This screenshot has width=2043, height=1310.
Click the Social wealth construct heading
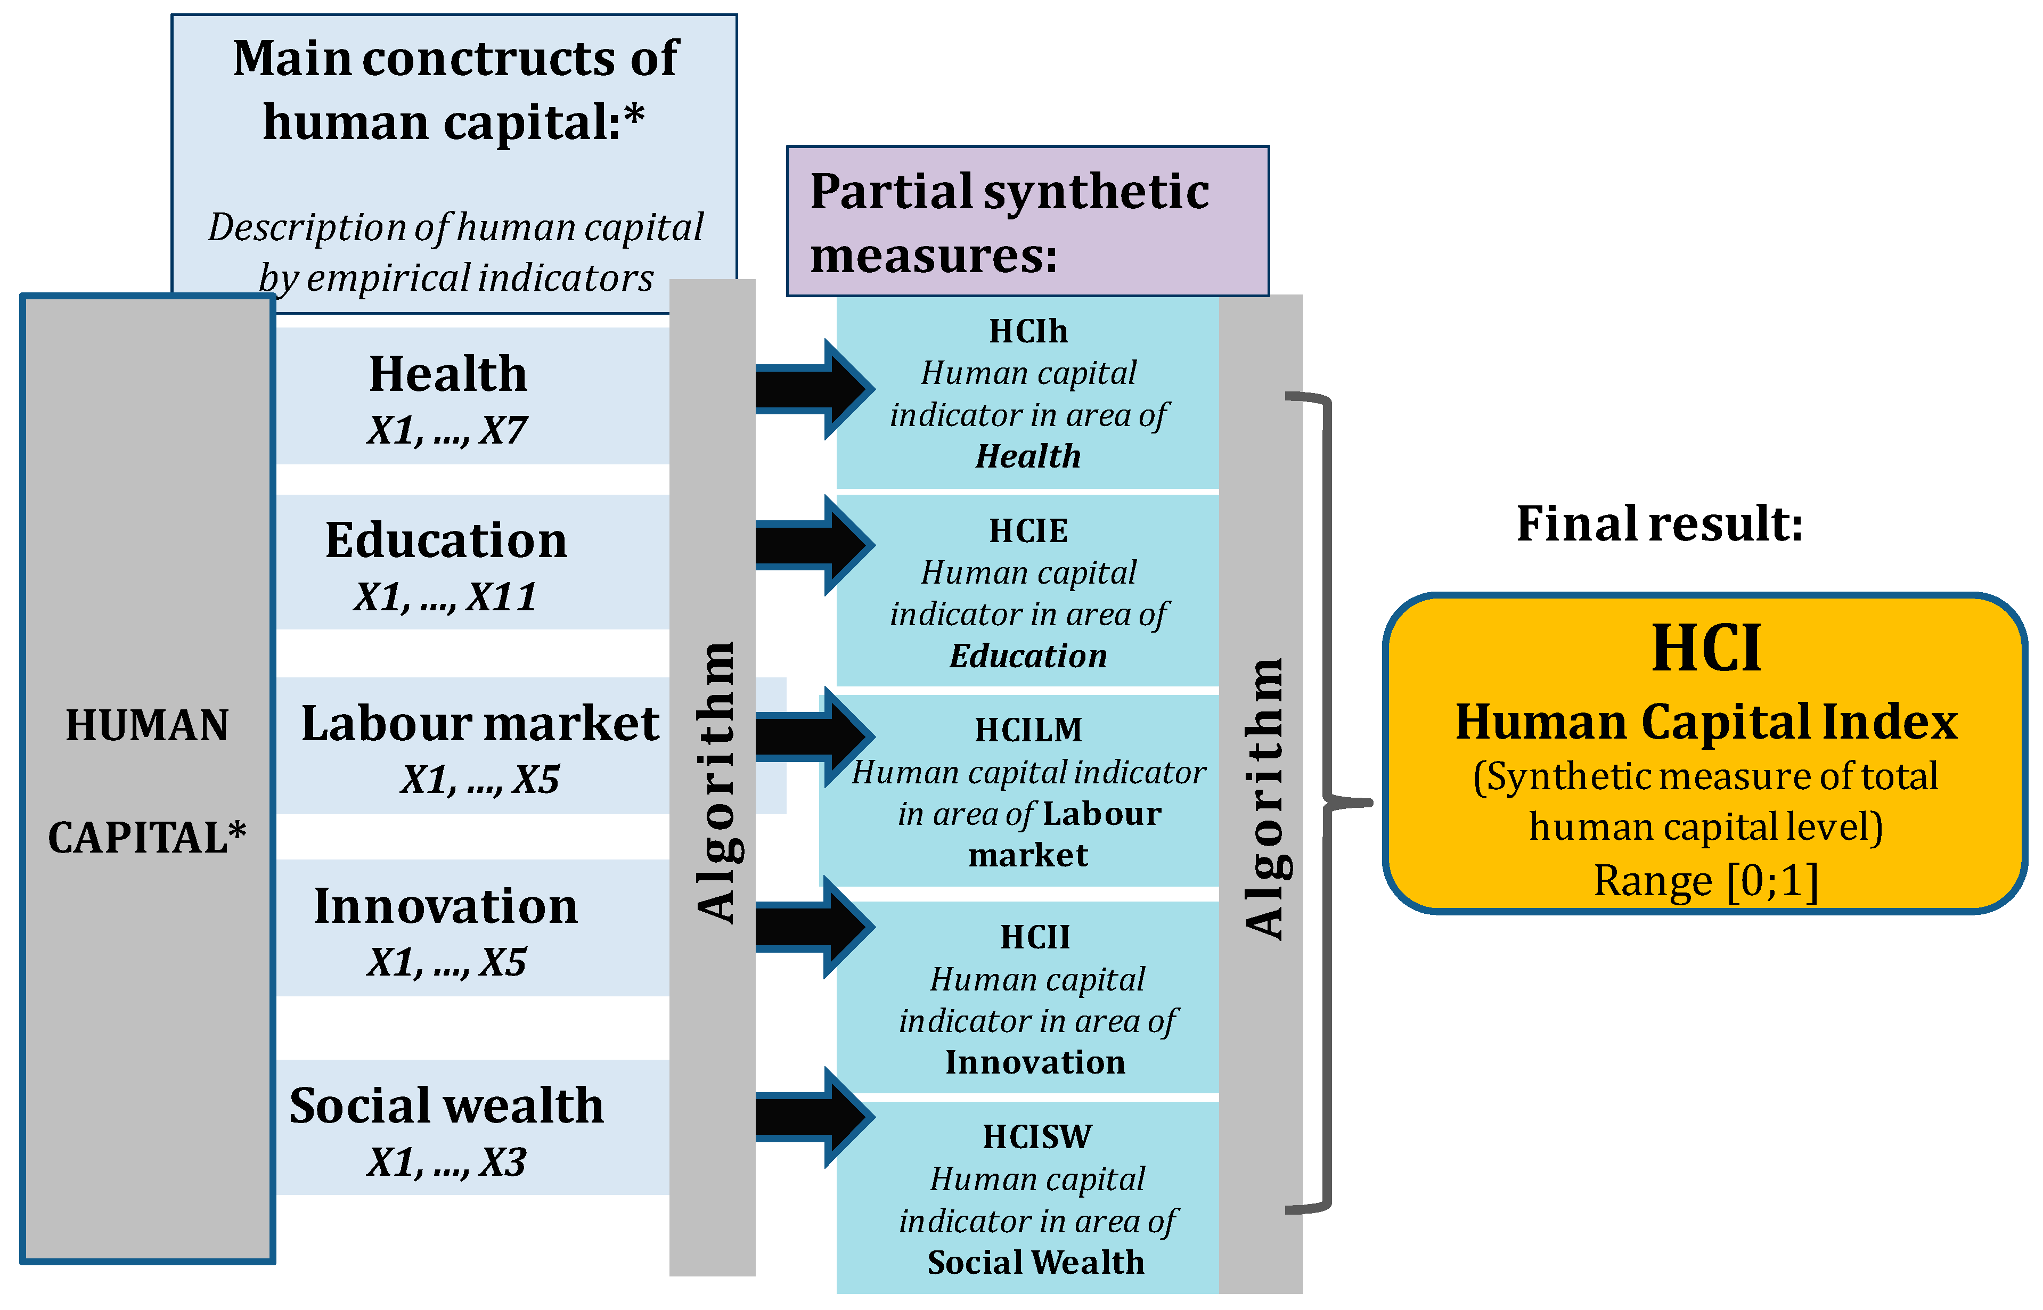pos(446,1106)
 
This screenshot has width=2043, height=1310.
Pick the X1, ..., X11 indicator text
pos(446,597)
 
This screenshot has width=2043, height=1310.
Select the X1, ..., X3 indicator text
pos(446,1162)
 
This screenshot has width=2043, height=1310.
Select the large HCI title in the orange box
pos(1705,648)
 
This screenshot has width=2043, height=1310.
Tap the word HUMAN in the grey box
pos(147,726)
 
